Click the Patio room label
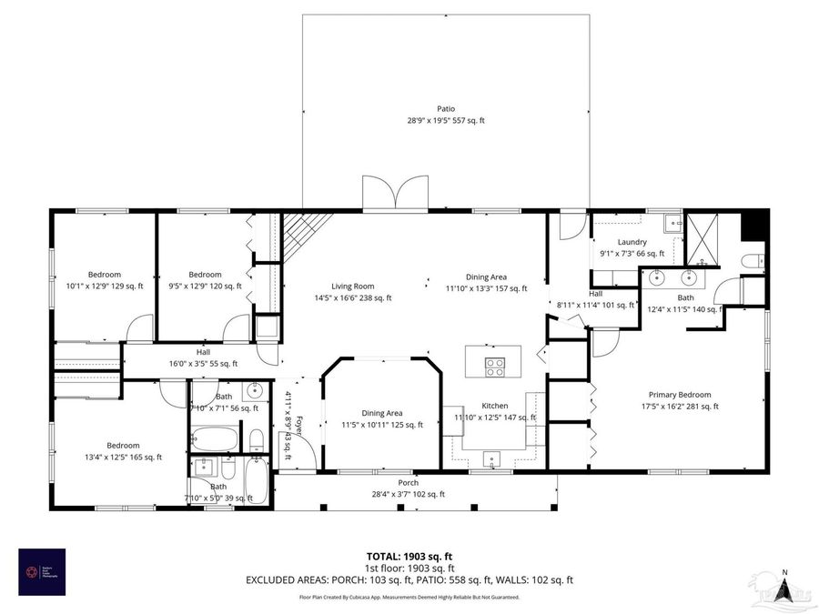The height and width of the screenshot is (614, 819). click(445, 109)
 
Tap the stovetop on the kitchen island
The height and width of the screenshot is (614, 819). click(494, 367)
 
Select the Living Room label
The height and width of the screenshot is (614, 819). click(352, 286)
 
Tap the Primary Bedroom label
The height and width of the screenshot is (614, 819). click(679, 395)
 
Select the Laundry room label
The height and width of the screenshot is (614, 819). click(632, 242)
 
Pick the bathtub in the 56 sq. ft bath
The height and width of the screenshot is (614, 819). click(215, 441)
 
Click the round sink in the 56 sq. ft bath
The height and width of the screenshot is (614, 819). click(255, 392)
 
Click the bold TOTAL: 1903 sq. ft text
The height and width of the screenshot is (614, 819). click(409, 555)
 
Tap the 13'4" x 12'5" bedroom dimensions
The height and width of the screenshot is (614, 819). click(122, 457)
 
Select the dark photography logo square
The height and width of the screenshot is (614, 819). click(44, 571)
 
